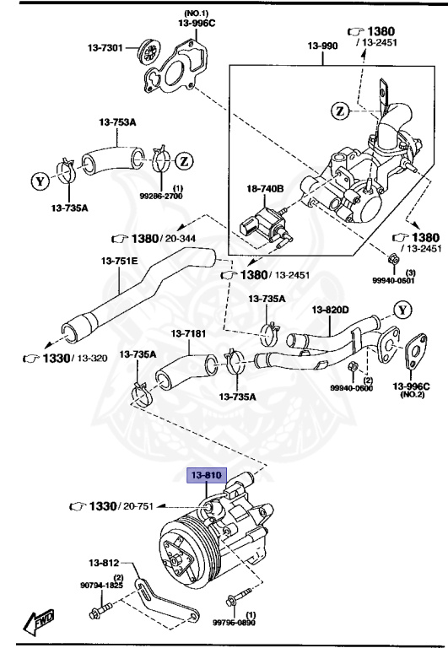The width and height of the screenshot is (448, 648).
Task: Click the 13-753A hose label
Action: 118,122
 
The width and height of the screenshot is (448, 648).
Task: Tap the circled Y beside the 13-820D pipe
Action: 403,310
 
